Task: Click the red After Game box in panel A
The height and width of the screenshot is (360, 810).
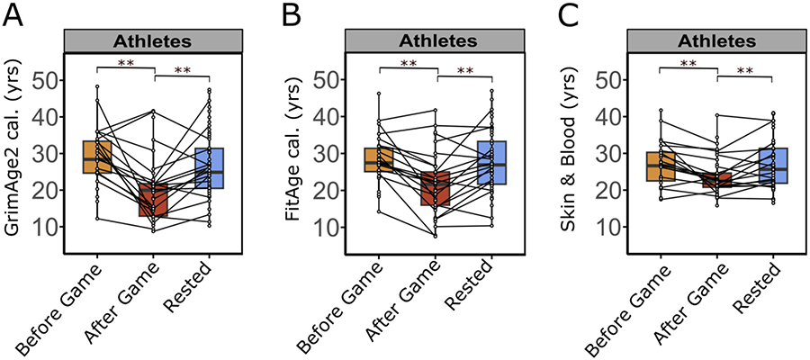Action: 153,199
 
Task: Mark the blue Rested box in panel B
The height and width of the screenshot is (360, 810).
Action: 491,163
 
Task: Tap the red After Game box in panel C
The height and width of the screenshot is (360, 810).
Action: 717,180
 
